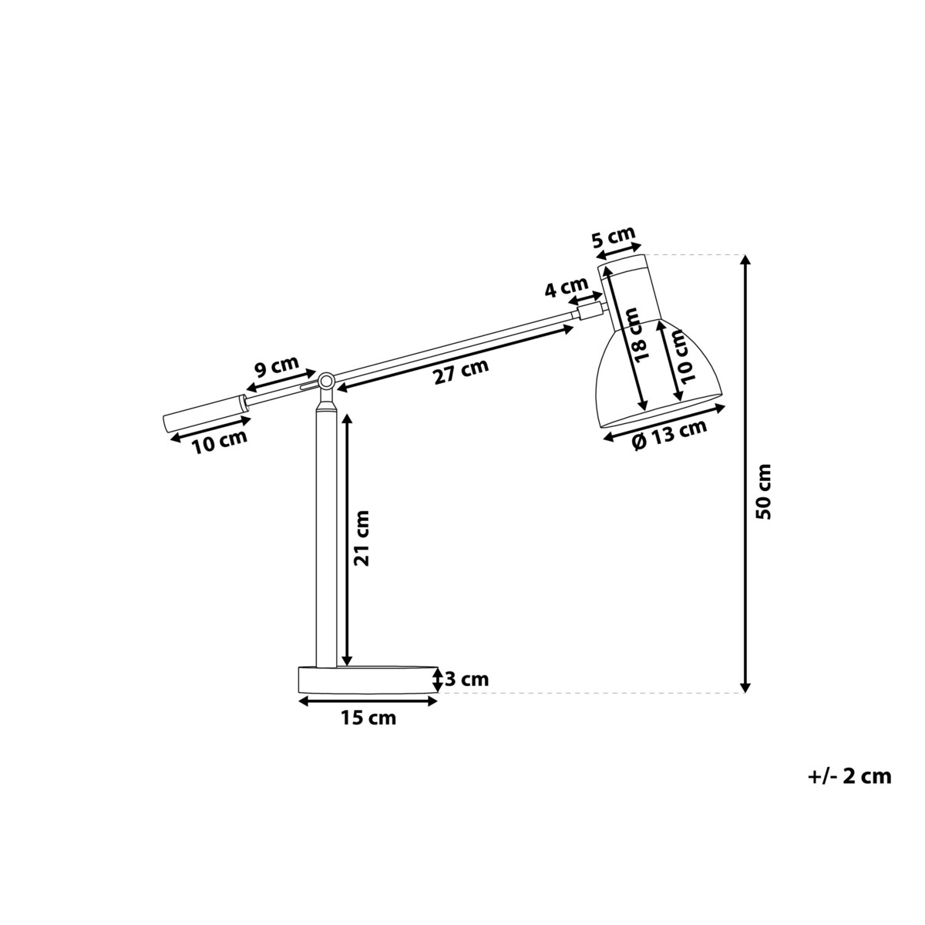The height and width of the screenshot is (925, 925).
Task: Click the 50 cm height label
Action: pyautogui.click(x=763, y=491)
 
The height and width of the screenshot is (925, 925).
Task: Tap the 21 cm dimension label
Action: pyautogui.click(x=362, y=538)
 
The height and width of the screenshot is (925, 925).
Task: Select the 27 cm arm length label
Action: pyautogui.click(x=461, y=372)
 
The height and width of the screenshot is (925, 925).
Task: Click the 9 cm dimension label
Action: pyautogui.click(x=276, y=367)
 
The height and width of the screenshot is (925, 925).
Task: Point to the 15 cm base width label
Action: pyautogui.click(x=368, y=718)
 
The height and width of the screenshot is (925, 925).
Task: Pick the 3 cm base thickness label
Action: pyautogui.click(x=467, y=679)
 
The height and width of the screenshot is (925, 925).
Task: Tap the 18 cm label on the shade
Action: pyautogui.click(x=639, y=334)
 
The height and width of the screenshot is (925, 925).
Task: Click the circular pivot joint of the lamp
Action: pyautogui.click(x=326, y=382)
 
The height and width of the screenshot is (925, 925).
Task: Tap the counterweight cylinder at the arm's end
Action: pyautogui.click(x=206, y=412)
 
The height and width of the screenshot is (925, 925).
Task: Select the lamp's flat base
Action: pyautogui.click(x=368, y=680)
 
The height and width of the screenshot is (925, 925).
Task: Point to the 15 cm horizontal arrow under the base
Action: pyautogui.click(x=368, y=701)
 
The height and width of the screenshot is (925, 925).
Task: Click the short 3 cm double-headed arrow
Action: pyautogui.click(x=437, y=680)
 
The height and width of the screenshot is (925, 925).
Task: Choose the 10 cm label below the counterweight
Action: pyautogui.click(x=220, y=442)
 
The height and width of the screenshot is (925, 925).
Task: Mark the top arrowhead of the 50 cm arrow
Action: pyautogui.click(x=745, y=260)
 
